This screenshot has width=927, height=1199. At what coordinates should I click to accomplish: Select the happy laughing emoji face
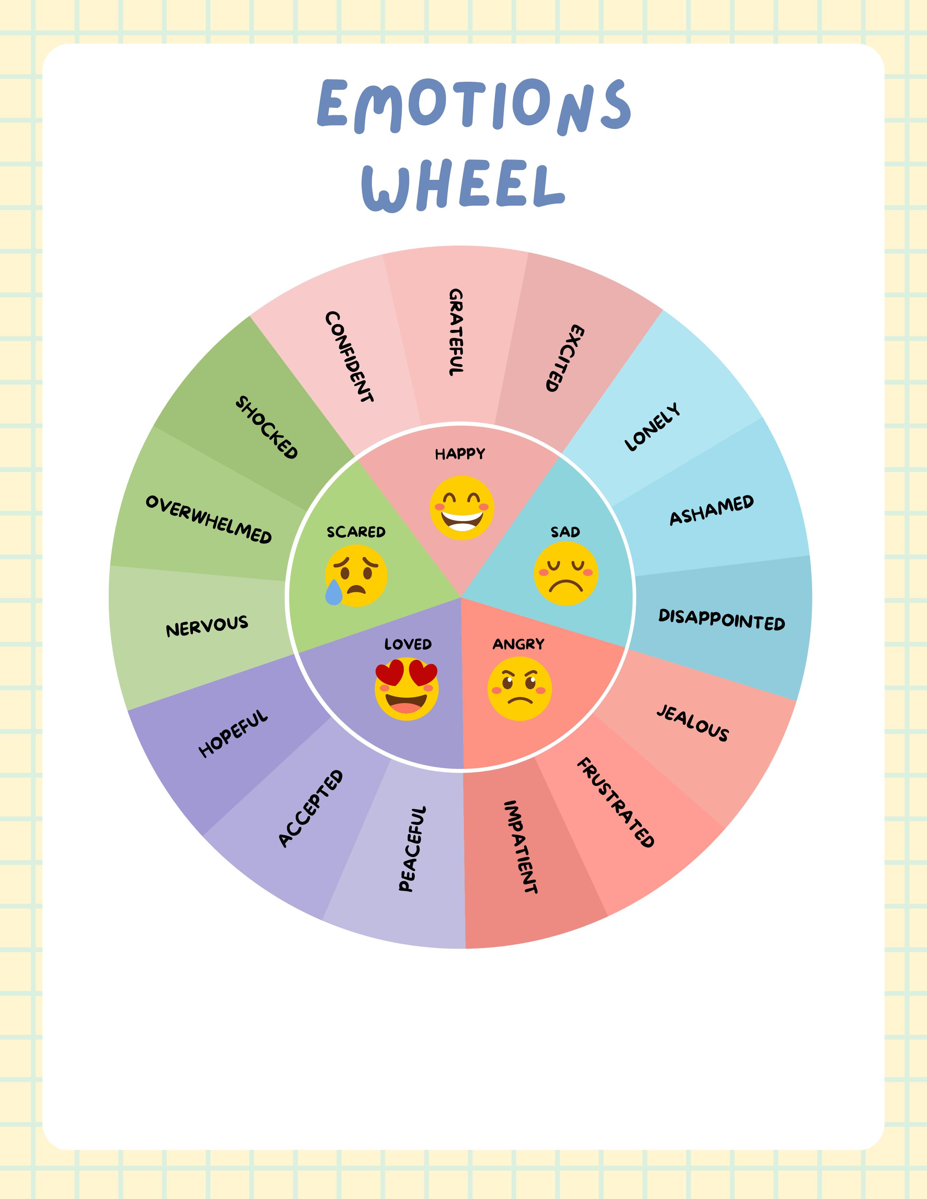tap(462, 508)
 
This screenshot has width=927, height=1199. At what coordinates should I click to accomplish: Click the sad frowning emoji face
tap(566, 574)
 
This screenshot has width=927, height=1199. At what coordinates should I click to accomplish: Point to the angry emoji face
tap(519, 689)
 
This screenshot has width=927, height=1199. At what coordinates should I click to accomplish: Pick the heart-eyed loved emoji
tap(407, 691)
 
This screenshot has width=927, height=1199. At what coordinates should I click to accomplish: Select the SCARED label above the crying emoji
tap(356, 532)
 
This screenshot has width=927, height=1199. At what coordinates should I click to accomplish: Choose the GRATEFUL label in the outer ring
tap(456, 332)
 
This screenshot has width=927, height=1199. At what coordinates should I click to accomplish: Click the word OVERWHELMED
tap(209, 519)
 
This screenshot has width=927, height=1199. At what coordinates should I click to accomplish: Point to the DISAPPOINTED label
tap(722, 619)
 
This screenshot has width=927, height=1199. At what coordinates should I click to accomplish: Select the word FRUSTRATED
tap(615, 802)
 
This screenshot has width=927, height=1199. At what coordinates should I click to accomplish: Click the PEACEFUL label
tap(412, 848)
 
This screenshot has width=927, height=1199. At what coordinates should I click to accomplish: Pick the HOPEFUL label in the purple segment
tap(233, 734)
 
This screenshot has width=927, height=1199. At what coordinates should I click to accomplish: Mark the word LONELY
tap(653, 428)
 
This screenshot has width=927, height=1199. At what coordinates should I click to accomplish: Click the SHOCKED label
tap(266, 428)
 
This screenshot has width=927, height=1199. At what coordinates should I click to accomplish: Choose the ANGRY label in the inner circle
tap(518, 644)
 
